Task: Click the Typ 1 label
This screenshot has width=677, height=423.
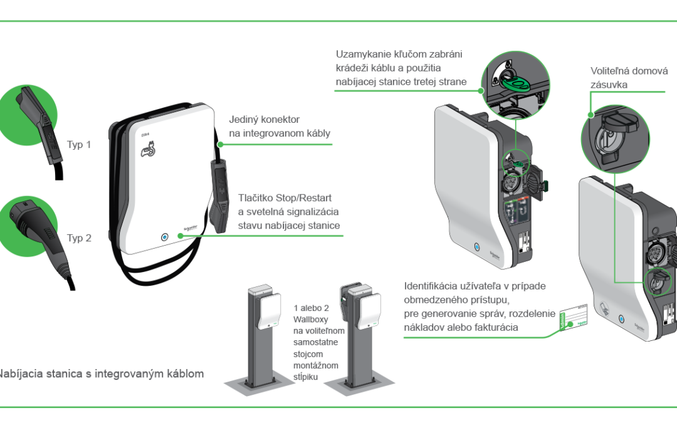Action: tap(79, 145)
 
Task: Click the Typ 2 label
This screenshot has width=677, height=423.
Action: tap(79, 238)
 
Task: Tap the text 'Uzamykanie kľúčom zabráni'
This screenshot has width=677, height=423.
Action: tap(399, 55)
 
